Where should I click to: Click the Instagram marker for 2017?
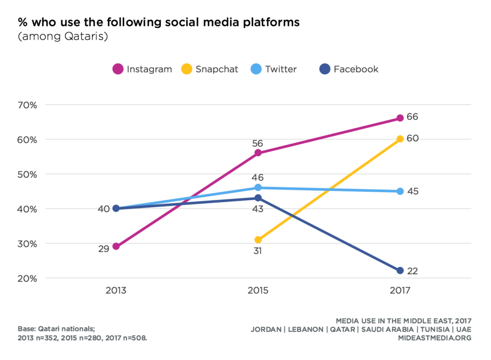[400, 118]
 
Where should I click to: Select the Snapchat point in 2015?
[258, 240]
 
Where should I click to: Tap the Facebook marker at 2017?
[400, 271]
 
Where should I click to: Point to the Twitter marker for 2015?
[258, 187]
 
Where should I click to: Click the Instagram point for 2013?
[116, 246]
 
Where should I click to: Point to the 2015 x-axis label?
[258, 291]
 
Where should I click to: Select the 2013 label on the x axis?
[116, 291]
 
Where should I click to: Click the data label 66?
[412, 117]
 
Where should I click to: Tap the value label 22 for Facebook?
[412, 271]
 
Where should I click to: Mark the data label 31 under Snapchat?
[258, 251]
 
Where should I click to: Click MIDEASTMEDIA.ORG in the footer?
[435, 338]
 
